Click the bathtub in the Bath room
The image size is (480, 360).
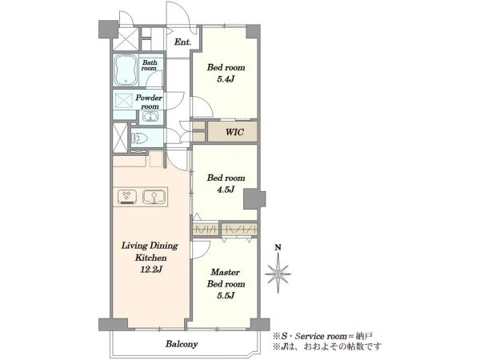click(126, 70)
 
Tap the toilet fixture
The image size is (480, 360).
click(139, 138)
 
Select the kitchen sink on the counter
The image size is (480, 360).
click(154, 197)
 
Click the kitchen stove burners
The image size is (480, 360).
click(127, 197)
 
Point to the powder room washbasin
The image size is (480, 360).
click(150, 117)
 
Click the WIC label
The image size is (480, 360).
click(234, 132)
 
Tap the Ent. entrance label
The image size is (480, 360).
click(182, 42)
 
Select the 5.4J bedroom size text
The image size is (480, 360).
click(226, 79)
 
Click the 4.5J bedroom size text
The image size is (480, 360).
click(226, 190)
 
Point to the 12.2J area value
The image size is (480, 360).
click(151, 270)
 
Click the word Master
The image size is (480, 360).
click(226, 272)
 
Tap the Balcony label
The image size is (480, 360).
click(182, 344)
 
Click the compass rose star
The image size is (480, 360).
click(278, 274)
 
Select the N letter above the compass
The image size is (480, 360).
click(278, 247)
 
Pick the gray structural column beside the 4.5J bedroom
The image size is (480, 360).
click(254, 199)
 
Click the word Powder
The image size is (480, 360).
click(149, 98)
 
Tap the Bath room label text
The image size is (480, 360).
click(150, 66)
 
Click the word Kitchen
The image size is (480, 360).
click(151, 258)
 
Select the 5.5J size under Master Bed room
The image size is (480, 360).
click(226, 295)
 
